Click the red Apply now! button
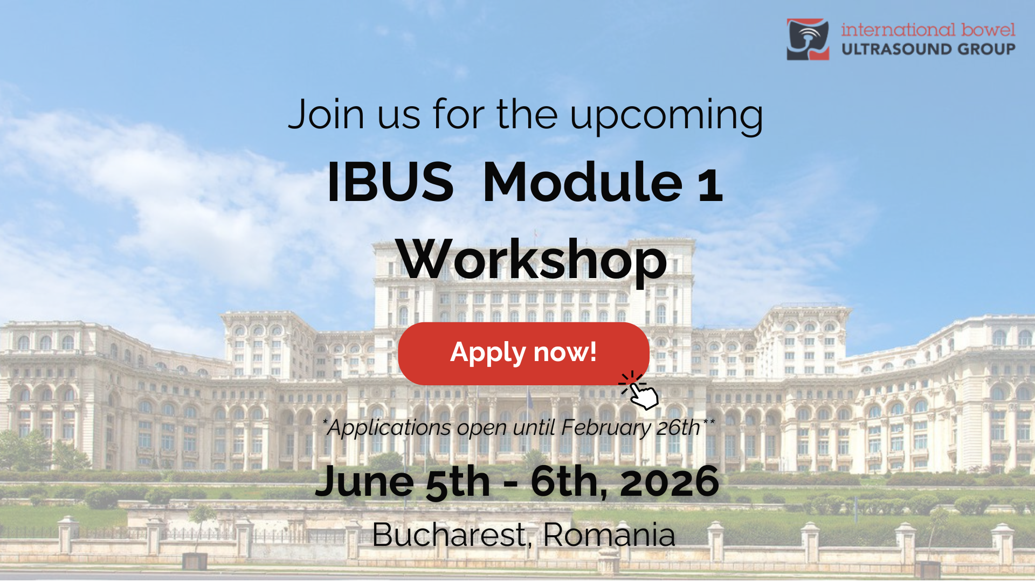click(x=523, y=354)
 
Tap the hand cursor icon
click(x=640, y=391)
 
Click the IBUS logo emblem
click(x=808, y=39)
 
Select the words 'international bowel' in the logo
click(x=928, y=29)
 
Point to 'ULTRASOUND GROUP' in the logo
click(x=928, y=49)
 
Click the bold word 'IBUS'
click(x=390, y=182)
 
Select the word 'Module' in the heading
click(x=583, y=182)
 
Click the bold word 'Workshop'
click(x=532, y=260)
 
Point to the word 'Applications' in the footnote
click(x=390, y=428)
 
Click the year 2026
click(x=670, y=481)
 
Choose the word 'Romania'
click(x=609, y=535)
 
